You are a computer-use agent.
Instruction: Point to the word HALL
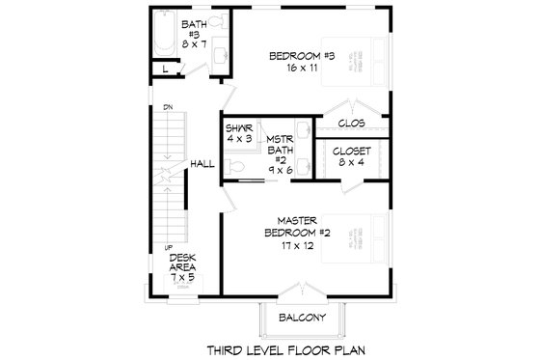201,165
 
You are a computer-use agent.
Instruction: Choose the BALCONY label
302,317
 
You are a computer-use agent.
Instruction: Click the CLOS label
351,123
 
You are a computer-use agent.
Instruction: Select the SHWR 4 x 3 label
240,133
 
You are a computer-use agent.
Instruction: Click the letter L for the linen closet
167,69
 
